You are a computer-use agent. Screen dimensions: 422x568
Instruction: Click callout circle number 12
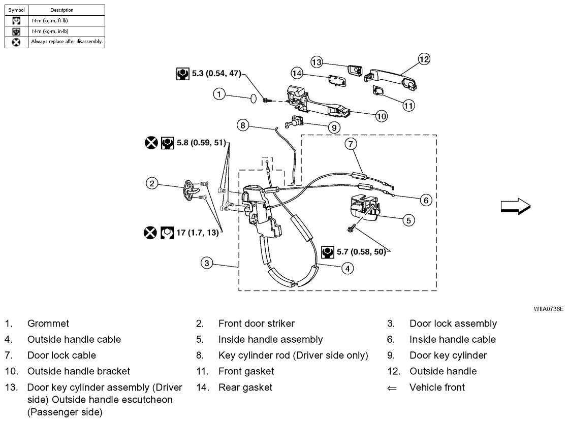click(x=424, y=59)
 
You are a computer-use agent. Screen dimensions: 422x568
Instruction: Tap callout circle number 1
click(x=219, y=94)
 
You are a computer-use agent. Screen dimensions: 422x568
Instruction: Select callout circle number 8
click(x=243, y=124)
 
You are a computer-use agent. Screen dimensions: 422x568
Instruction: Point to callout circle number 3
click(x=206, y=263)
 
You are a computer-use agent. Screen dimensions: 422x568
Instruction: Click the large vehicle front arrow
click(x=515, y=206)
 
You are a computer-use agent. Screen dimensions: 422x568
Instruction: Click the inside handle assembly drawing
click(x=363, y=208)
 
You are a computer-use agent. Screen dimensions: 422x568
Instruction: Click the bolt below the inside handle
click(x=351, y=230)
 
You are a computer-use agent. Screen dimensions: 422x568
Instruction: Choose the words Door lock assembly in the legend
click(x=453, y=323)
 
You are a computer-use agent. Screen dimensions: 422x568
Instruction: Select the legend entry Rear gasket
click(x=245, y=387)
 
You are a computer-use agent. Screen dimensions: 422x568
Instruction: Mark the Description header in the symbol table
click(x=62, y=10)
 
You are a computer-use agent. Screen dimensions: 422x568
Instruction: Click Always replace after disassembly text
click(x=67, y=42)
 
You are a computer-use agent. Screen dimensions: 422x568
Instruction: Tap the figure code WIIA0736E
click(x=548, y=308)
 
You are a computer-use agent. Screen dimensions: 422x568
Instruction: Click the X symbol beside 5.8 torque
click(x=151, y=143)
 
